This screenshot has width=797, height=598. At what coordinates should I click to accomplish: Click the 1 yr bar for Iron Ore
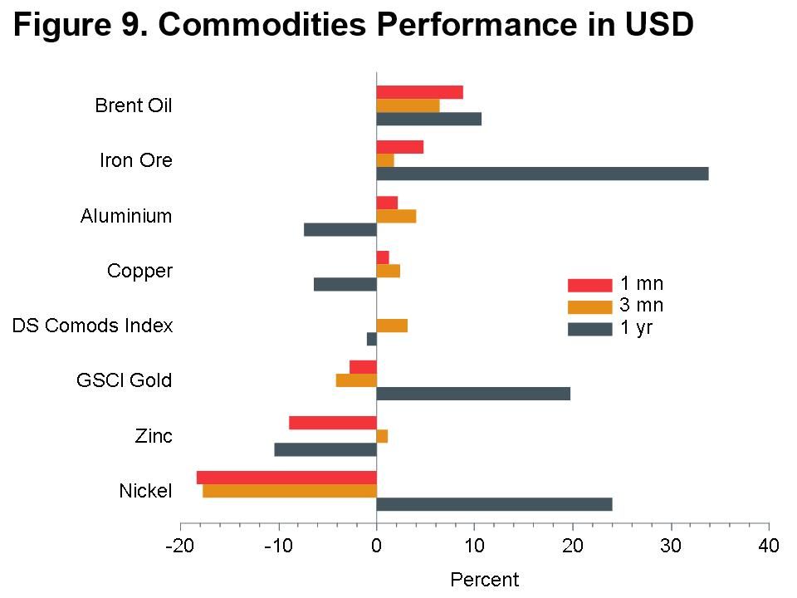[x=542, y=174]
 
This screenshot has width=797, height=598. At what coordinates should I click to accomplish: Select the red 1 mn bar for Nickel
[x=286, y=477]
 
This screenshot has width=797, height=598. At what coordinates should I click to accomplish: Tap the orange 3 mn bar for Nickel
[x=290, y=491]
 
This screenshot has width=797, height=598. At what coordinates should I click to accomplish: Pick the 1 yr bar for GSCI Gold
[x=473, y=394]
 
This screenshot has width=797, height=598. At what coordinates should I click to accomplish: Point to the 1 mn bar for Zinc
[x=333, y=422]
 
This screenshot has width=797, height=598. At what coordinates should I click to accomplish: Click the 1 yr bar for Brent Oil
[x=428, y=119]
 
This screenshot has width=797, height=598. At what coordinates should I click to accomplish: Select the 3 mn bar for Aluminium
[x=396, y=216]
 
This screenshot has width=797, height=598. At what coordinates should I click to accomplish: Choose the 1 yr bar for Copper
[x=345, y=284]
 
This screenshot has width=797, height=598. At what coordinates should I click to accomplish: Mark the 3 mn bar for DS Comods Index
[x=392, y=326]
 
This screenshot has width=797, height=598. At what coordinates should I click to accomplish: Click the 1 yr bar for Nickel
[x=494, y=504]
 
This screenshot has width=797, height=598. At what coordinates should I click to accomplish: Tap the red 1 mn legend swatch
[x=589, y=285]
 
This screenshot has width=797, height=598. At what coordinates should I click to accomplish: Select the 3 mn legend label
[x=642, y=306]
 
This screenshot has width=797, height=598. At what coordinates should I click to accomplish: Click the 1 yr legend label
[x=637, y=328]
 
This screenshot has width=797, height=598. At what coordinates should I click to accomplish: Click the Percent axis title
[x=484, y=579]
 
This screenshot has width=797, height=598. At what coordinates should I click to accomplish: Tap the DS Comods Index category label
[x=92, y=326]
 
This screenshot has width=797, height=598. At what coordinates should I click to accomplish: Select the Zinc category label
[x=154, y=436]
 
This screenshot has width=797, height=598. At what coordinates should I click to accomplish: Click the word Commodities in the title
[x=259, y=26]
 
